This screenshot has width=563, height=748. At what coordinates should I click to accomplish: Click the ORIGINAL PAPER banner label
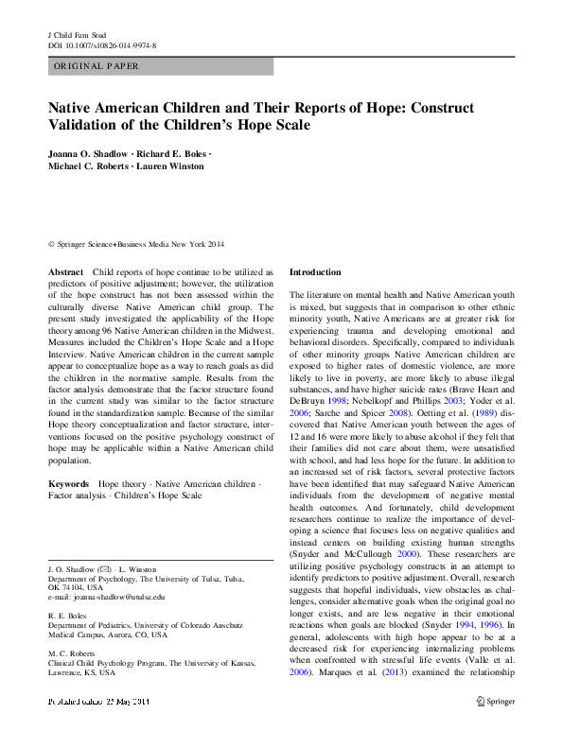97,66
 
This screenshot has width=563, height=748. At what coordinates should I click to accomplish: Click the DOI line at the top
102,43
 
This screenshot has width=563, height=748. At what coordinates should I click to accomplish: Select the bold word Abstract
65,271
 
